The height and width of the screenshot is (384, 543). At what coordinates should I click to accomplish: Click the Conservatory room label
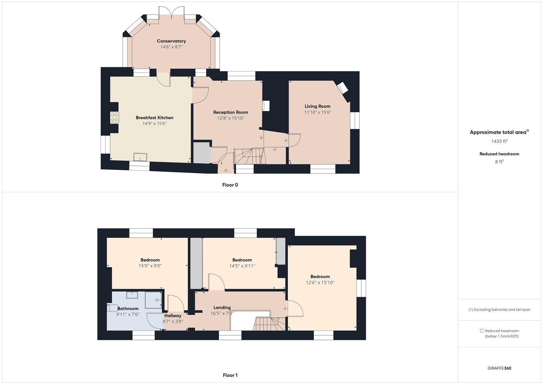point(171,41)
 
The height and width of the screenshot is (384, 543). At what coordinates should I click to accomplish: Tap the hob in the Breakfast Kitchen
point(115,117)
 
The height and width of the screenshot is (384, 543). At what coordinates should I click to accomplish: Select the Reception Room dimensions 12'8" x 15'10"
point(230,118)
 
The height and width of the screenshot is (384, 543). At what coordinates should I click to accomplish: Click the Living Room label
point(317,106)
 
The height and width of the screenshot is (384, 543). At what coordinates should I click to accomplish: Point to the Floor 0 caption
point(230,185)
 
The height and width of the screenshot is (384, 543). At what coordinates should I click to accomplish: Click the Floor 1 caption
point(230,375)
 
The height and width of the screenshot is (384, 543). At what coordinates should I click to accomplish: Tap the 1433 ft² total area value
point(499,141)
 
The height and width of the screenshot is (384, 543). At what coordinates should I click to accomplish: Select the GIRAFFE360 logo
point(499,368)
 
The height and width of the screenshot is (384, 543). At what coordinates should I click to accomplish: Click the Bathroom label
point(128,309)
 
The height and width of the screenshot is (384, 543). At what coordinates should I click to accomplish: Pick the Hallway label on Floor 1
point(172,316)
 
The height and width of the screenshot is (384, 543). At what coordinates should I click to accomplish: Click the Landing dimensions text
point(222,314)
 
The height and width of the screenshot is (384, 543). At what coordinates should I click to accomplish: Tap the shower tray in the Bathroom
point(154,300)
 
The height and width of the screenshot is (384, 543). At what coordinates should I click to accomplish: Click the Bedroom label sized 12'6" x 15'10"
point(320,277)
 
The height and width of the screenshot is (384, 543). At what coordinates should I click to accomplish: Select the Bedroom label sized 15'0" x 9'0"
point(150,260)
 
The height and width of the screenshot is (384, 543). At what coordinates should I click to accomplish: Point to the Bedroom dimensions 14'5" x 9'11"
point(242,266)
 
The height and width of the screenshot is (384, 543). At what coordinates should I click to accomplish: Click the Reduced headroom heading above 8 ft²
point(499,154)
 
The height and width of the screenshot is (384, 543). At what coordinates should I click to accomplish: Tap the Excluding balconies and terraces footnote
point(499,310)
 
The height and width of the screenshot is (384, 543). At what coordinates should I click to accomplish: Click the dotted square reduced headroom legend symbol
point(481,331)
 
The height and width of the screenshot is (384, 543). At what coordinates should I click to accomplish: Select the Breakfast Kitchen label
point(154,118)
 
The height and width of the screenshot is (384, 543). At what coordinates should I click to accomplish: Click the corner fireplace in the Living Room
point(342,88)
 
